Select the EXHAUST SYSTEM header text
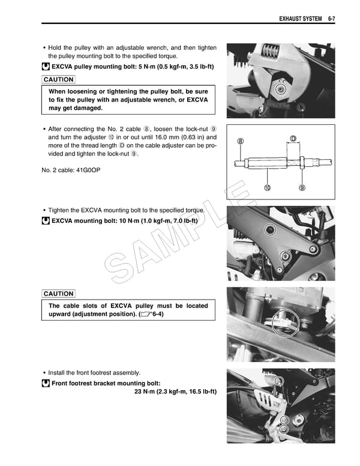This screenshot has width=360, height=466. click(x=300, y=19)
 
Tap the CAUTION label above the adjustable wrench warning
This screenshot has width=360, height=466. click(x=59, y=79)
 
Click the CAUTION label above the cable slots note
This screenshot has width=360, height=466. click(x=59, y=294)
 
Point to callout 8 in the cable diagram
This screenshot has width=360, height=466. click(x=241, y=142)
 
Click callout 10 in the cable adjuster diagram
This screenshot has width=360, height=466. click(x=267, y=187)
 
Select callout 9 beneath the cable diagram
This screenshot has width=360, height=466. click(x=302, y=187)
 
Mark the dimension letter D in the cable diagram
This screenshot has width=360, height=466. click(x=293, y=139)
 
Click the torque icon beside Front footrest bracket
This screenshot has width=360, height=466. click(x=46, y=383)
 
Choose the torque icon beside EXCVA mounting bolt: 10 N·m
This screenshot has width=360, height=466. click(x=46, y=221)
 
